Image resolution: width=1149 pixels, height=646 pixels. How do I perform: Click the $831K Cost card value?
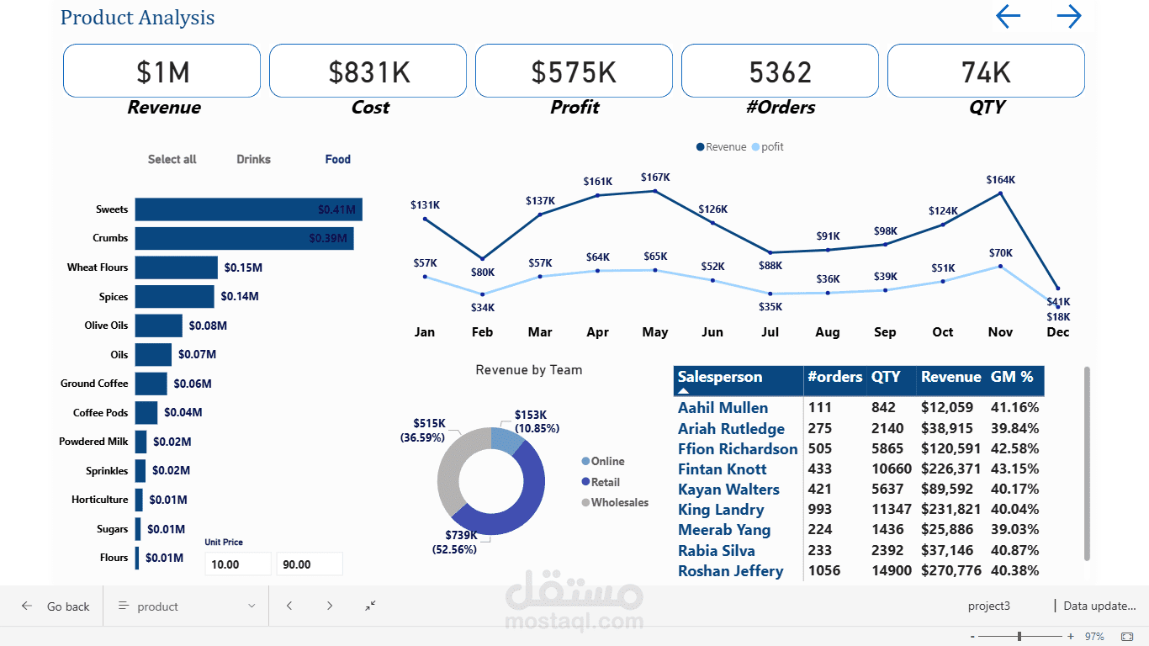point(368,72)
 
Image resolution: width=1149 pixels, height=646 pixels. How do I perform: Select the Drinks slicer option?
point(253,159)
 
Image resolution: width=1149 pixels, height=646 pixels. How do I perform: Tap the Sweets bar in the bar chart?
point(248,209)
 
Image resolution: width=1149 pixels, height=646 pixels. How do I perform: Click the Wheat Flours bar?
point(176,267)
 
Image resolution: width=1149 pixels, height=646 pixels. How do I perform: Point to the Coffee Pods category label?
point(100,412)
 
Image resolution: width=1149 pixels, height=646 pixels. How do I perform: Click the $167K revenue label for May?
point(655,177)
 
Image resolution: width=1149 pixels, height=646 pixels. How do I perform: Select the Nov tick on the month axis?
point(1000,332)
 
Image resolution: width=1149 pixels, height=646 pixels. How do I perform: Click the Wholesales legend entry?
point(619,502)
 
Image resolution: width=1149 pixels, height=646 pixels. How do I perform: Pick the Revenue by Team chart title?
point(528,369)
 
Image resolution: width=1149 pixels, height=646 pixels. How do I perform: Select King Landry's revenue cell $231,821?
point(950,510)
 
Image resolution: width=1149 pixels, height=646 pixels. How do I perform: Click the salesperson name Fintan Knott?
point(722,469)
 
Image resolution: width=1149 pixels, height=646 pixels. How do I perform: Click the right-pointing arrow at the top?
point(1068,17)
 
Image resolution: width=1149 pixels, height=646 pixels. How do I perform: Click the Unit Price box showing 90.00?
point(309,564)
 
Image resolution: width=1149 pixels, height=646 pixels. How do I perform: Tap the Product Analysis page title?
point(137,18)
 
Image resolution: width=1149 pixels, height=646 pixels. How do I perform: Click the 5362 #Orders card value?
point(780,72)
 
